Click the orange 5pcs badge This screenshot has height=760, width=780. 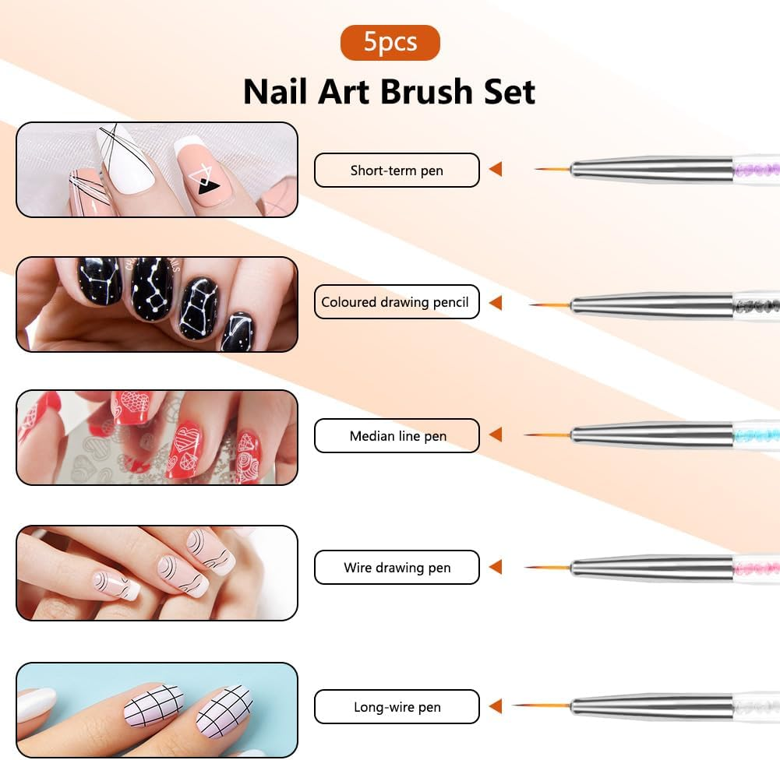[x=390, y=42]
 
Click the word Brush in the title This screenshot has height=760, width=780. [x=428, y=92]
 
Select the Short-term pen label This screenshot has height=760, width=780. [x=397, y=171]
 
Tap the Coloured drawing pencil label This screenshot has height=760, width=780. [x=397, y=302]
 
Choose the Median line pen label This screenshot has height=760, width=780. [x=397, y=436]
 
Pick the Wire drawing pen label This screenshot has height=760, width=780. [x=397, y=568]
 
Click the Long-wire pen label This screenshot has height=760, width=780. [x=397, y=707]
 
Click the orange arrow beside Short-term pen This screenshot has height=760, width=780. [x=495, y=169]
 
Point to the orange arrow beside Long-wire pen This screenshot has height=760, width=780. [x=495, y=706]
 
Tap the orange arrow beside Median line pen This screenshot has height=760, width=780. [x=495, y=435]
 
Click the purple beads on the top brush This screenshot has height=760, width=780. [x=756, y=169]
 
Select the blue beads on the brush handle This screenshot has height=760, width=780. [x=756, y=435]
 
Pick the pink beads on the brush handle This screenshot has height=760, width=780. [x=756, y=568]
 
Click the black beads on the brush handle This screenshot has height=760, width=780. [x=756, y=302]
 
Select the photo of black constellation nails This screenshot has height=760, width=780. [x=157, y=304]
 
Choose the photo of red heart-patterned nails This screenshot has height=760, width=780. [x=157, y=437]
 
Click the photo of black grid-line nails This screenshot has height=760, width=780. [x=157, y=709]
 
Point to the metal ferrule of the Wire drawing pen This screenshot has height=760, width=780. [x=651, y=568]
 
